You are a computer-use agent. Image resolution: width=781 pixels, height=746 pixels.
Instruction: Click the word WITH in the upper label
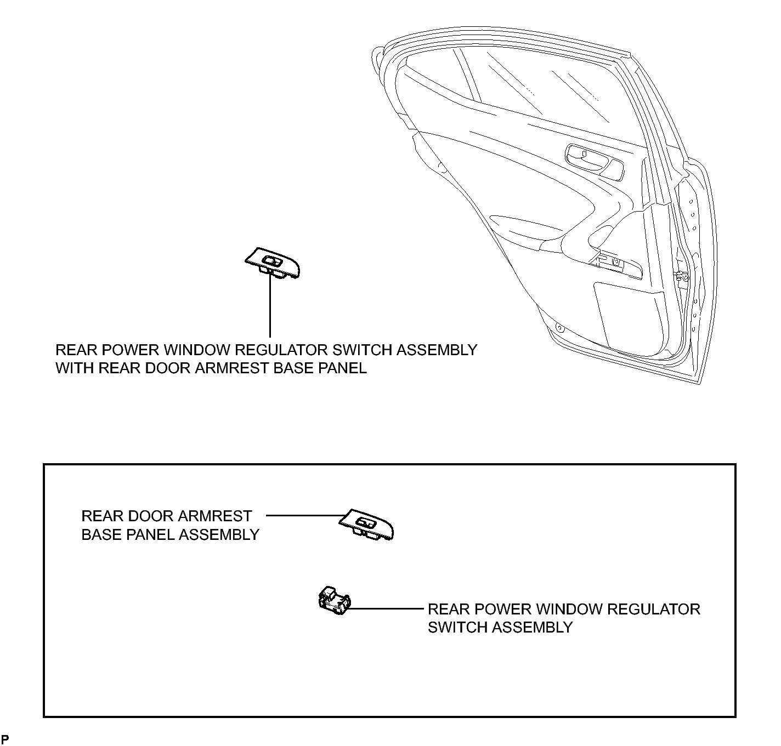(73, 368)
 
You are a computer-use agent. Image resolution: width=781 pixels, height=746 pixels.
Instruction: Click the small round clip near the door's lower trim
(559, 328)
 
